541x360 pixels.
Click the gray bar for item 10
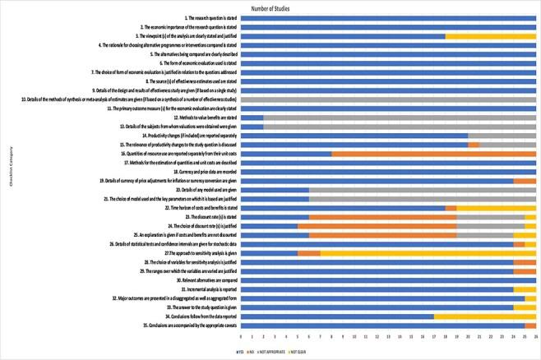coord(388,99)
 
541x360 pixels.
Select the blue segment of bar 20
coord(275,189)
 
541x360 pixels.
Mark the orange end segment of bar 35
coord(530,325)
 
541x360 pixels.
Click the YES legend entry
coord(242,351)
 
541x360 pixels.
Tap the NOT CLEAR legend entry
coord(315,351)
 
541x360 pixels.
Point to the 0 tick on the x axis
coord(241,337)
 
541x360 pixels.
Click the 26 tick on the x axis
coord(535,337)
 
